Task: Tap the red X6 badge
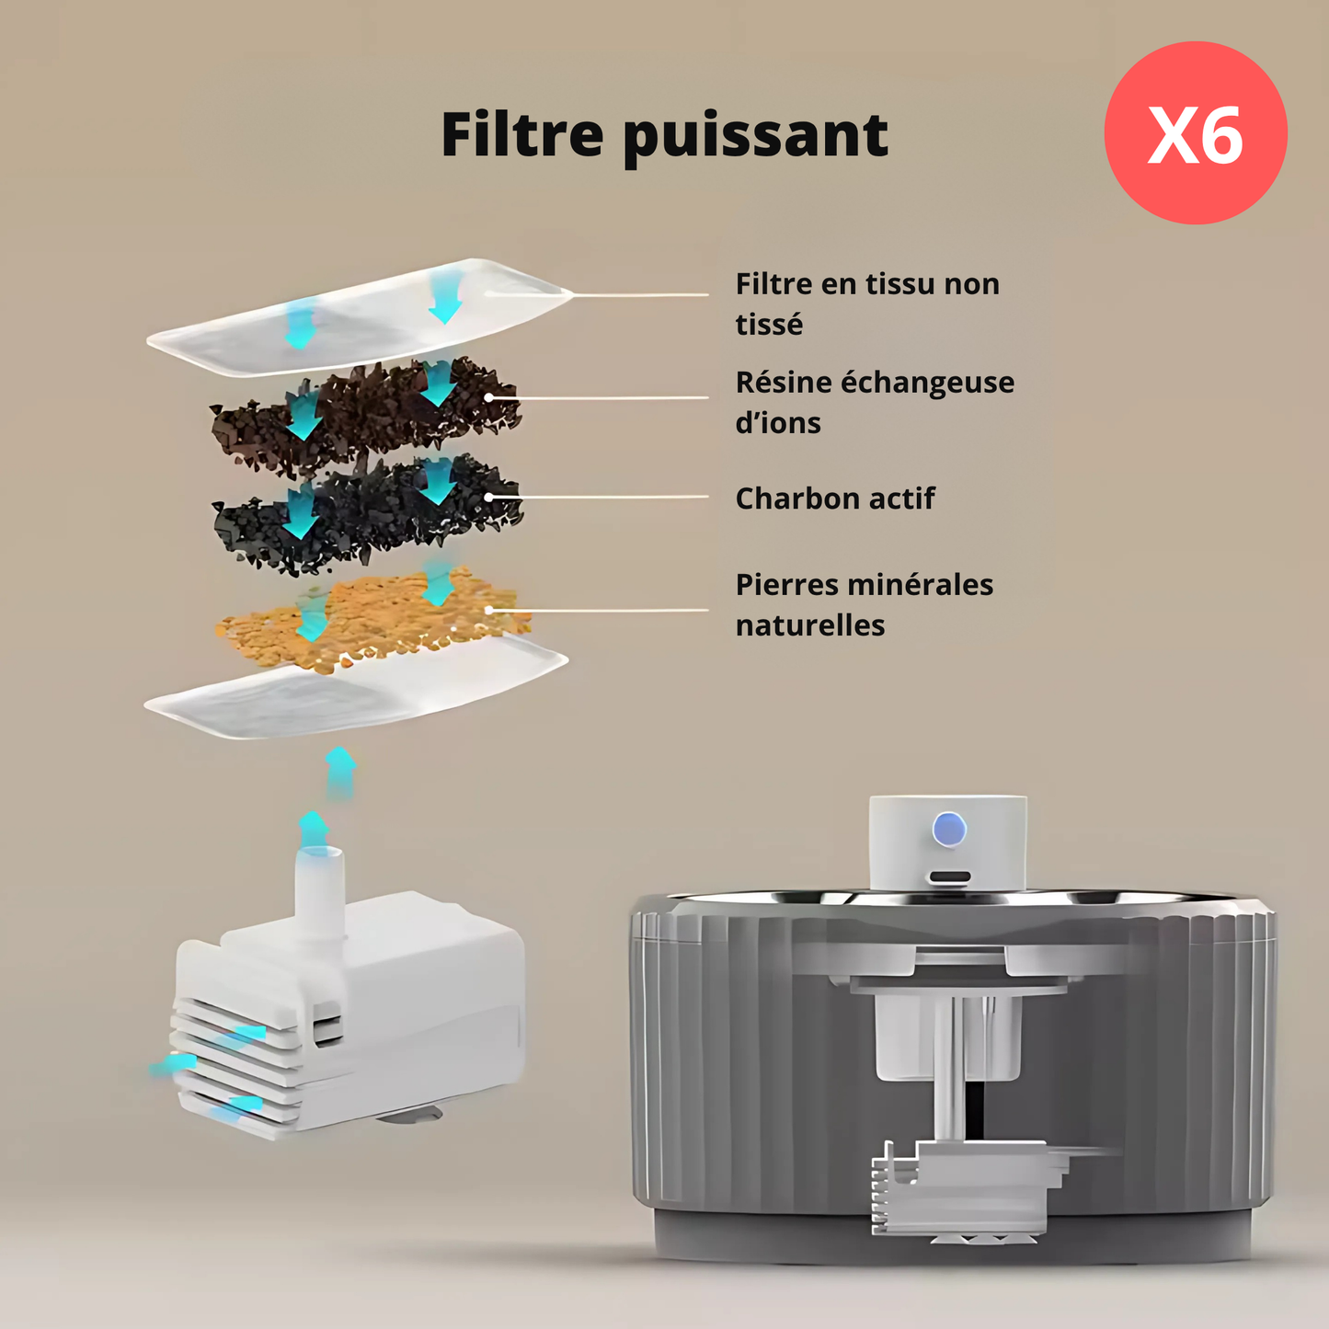[1196, 132]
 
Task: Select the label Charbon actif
[834, 498]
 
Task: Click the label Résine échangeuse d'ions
[875, 402]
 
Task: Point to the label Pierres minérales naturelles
[865, 605]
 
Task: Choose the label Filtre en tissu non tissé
[867, 304]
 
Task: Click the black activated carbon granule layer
[367, 514]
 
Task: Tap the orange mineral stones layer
[372, 617]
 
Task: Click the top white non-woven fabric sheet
[359, 317]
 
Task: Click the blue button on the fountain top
[949, 829]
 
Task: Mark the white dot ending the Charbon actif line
[488, 497]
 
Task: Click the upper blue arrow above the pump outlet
[340, 773]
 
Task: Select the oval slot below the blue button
[950, 877]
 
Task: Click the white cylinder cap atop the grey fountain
[947, 842]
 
